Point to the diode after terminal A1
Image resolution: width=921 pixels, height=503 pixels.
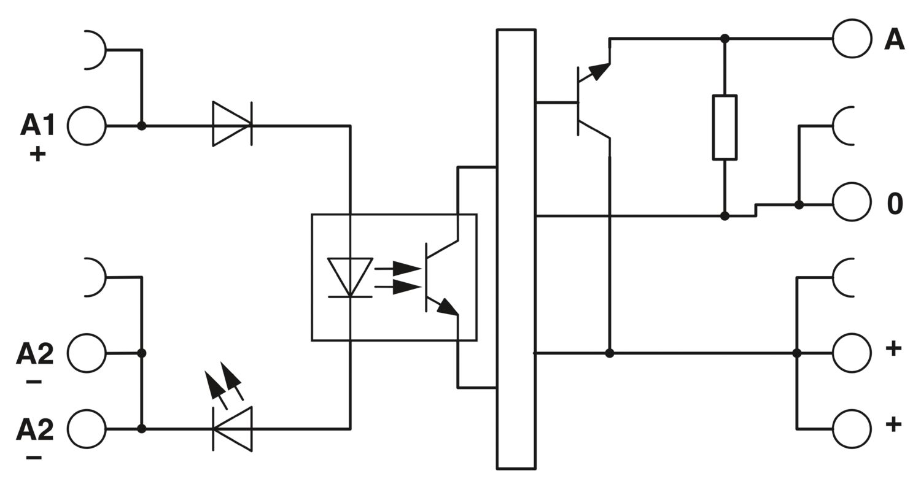pyautogui.click(x=232, y=123)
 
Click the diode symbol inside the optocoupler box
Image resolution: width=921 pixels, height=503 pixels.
pyautogui.click(x=351, y=277)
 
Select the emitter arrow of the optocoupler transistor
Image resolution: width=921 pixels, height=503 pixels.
pyautogui.click(x=448, y=307)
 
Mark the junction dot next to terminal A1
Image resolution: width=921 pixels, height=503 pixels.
pyautogui.click(x=141, y=126)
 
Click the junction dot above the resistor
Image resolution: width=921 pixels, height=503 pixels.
pyautogui.click(x=725, y=39)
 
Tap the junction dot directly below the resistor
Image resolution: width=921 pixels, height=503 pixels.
pyautogui.click(x=725, y=215)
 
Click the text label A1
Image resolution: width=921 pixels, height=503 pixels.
pyautogui.click(x=38, y=125)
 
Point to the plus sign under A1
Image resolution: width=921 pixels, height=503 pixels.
pyautogui.click(x=37, y=155)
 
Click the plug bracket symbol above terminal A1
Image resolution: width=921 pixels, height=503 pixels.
pyautogui.click(x=105, y=50)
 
